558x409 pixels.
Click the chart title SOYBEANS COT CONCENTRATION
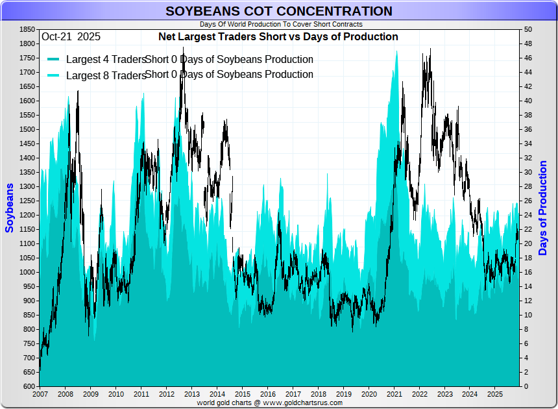pyautogui.click(x=279, y=11)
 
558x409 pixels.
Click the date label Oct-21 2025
pyautogui.click(x=71, y=37)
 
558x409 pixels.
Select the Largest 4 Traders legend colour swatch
pyautogui.click(x=54, y=60)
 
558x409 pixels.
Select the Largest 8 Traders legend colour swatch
pyautogui.click(x=54, y=75)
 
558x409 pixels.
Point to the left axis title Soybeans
pyautogui.click(x=10, y=208)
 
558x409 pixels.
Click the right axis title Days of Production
pyautogui.click(x=543, y=208)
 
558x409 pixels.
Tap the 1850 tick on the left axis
pyautogui.click(x=27, y=30)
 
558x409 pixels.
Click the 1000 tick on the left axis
pyautogui.click(x=27, y=273)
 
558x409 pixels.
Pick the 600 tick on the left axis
pyautogui.click(x=29, y=387)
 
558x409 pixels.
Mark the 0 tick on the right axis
pyautogui.click(x=526, y=387)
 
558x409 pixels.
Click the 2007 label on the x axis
pyautogui.click(x=40, y=394)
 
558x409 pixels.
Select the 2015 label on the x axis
pyautogui.click(x=243, y=394)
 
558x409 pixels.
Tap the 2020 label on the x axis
pyautogui.click(x=369, y=394)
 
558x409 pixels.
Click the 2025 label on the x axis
pyautogui.click(x=496, y=394)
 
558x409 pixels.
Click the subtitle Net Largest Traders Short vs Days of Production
pyautogui.click(x=278, y=37)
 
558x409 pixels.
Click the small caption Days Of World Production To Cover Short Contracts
pyautogui.click(x=281, y=24)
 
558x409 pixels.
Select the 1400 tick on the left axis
pyautogui.click(x=27, y=158)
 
